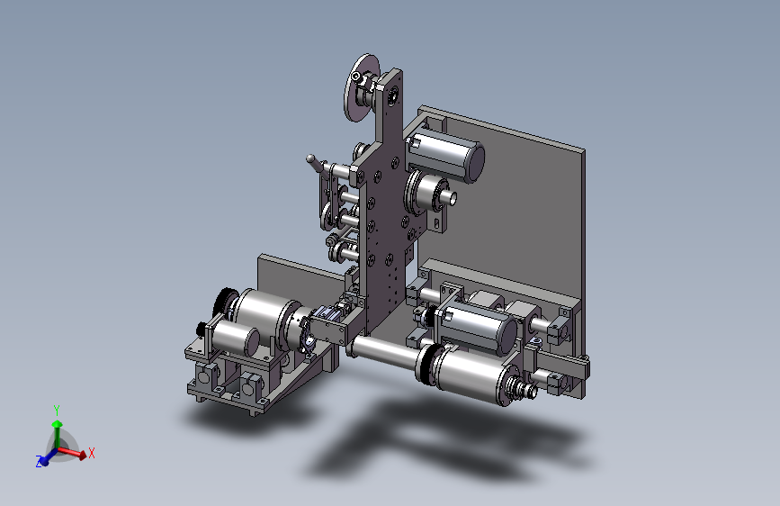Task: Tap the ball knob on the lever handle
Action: [x=310, y=159]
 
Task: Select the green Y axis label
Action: [x=57, y=411]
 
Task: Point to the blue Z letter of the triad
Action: [x=39, y=461]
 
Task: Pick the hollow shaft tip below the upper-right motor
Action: [x=453, y=198]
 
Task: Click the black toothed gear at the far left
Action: [x=223, y=303]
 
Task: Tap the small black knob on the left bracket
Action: [x=200, y=329]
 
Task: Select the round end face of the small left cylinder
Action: [x=252, y=341]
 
